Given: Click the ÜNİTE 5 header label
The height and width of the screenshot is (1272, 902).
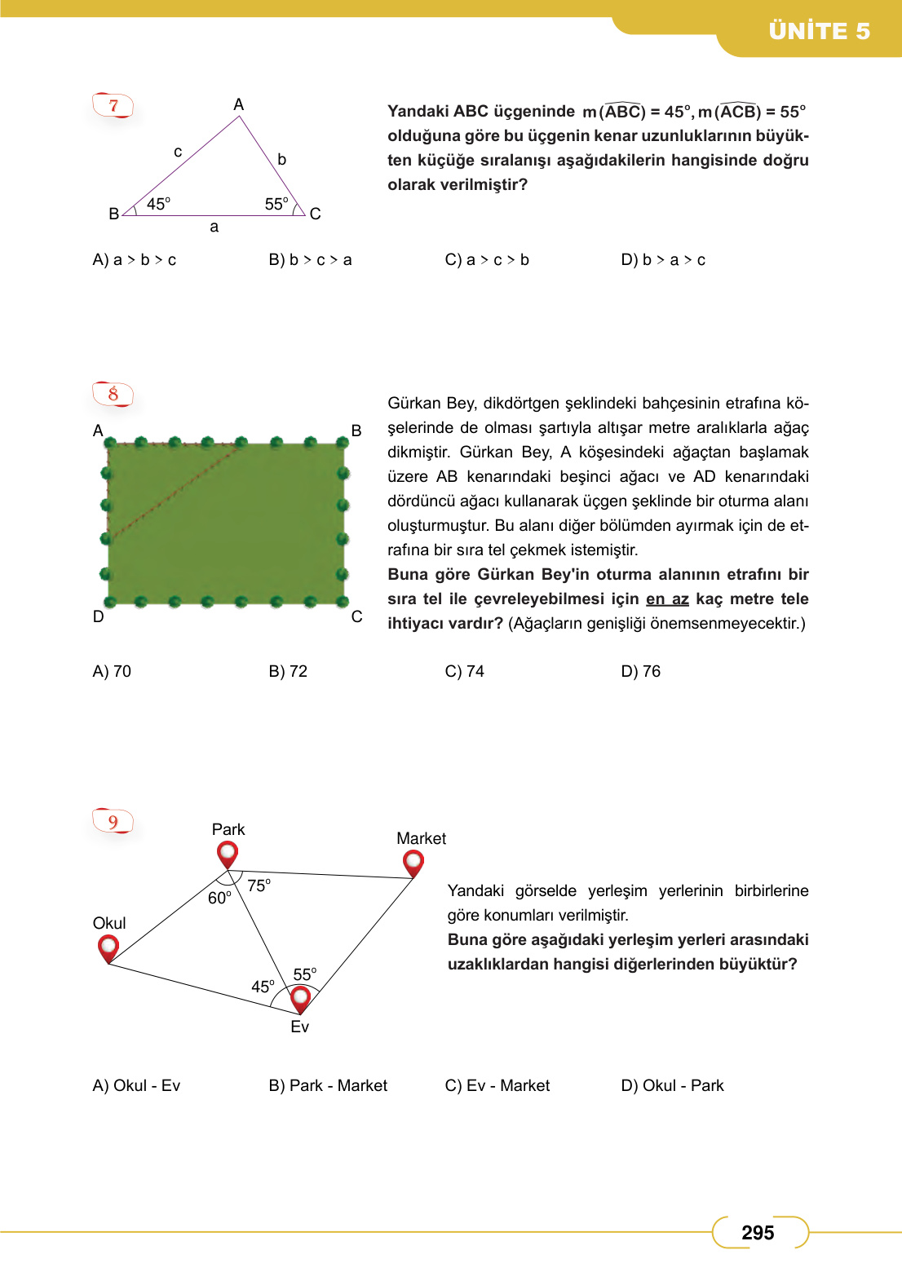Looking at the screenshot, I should [819, 31].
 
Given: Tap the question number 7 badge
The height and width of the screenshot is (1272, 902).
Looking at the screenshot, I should [113, 105].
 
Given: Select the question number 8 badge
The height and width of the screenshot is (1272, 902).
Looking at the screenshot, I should [113, 395].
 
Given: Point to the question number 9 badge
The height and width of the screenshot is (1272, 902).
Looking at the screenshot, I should [113, 821].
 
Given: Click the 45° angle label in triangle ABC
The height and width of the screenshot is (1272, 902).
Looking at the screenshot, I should [158, 204].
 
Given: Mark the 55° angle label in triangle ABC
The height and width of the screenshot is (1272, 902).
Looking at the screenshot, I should [276, 204].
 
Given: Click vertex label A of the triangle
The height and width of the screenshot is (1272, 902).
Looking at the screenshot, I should [238, 104].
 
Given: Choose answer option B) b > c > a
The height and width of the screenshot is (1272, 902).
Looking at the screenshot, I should [310, 260].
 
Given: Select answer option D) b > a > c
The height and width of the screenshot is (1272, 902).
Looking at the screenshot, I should [663, 260].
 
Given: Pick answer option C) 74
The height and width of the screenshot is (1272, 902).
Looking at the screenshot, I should [464, 671].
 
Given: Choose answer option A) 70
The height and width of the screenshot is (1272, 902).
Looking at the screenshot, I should [112, 671].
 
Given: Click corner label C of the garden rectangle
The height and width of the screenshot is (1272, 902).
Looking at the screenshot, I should [356, 616].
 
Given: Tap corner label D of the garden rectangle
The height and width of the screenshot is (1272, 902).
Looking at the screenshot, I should [99, 616].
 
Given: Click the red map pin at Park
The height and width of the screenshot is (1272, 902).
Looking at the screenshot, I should [228, 855].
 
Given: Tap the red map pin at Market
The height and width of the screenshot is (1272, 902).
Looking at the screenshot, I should [413, 863].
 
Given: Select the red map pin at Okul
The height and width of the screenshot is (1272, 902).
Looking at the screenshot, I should [108, 948].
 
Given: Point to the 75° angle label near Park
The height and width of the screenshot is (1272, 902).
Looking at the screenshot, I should [259, 886].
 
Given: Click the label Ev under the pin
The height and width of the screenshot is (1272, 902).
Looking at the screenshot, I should [299, 1027].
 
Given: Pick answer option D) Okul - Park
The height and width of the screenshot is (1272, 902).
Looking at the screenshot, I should [672, 1085].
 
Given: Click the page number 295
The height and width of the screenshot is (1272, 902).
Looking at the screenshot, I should [758, 1232].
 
